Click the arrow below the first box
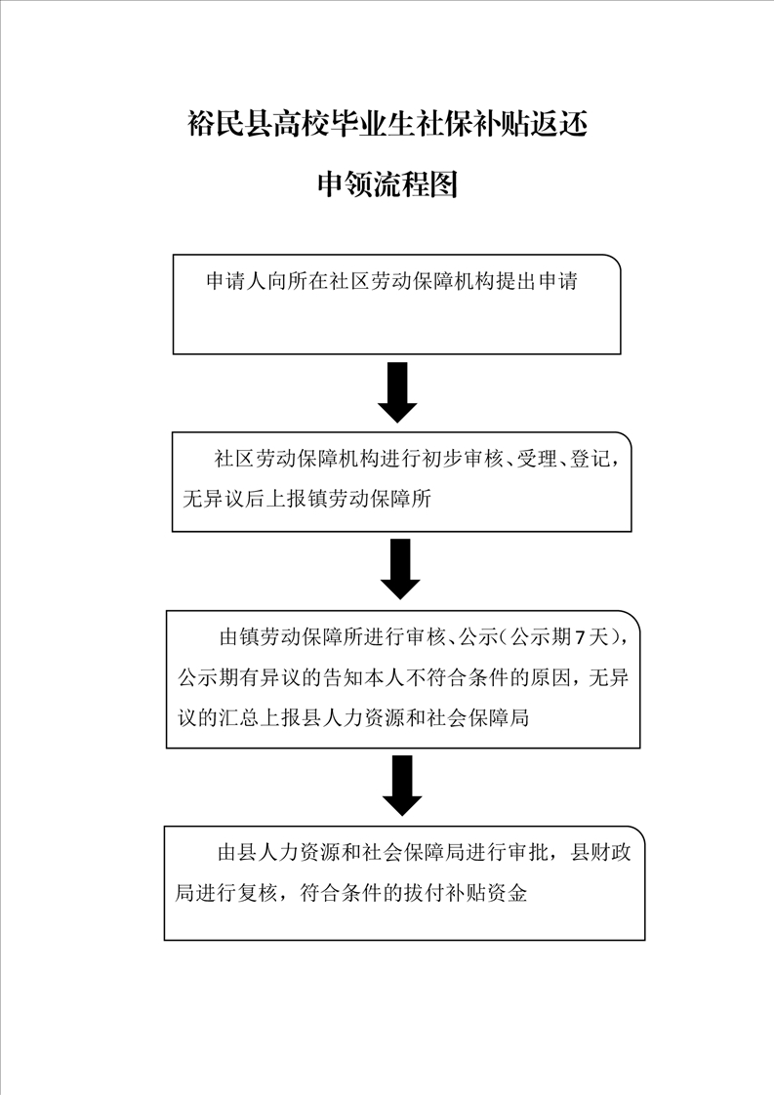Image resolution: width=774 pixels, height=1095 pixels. click(397, 392)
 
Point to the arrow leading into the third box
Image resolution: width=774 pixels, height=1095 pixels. click(400, 569)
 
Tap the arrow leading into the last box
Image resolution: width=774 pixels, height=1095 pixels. click(402, 786)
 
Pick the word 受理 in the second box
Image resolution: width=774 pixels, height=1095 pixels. click(537, 459)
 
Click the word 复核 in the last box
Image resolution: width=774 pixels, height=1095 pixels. click(258, 892)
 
